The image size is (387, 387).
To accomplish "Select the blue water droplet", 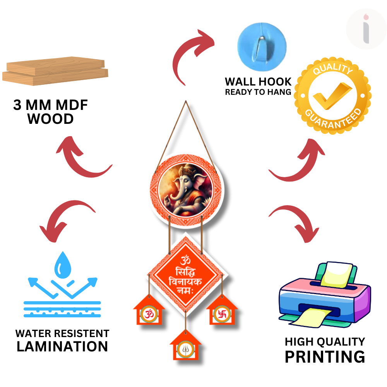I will pos(62,265).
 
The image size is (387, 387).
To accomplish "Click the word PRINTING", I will pos(325,356).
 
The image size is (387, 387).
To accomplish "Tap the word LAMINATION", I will pos(62,346).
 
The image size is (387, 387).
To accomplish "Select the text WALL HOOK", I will pos(258,82).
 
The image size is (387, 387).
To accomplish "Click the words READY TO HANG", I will pos(258,92).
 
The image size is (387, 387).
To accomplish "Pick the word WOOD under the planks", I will pos(50,119).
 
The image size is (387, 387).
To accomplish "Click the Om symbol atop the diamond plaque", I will pos(185,259).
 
